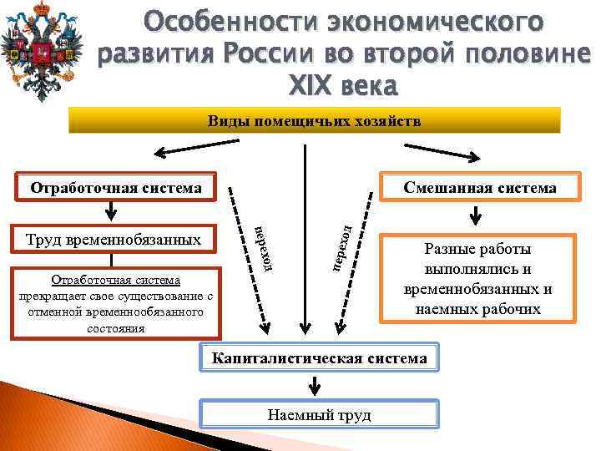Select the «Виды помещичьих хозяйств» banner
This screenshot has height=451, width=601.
click(x=315, y=121)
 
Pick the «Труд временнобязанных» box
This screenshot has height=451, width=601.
click(x=114, y=240)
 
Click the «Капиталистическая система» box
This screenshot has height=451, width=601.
click(x=319, y=358)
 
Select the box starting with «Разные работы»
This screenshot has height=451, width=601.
click(x=477, y=279)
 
